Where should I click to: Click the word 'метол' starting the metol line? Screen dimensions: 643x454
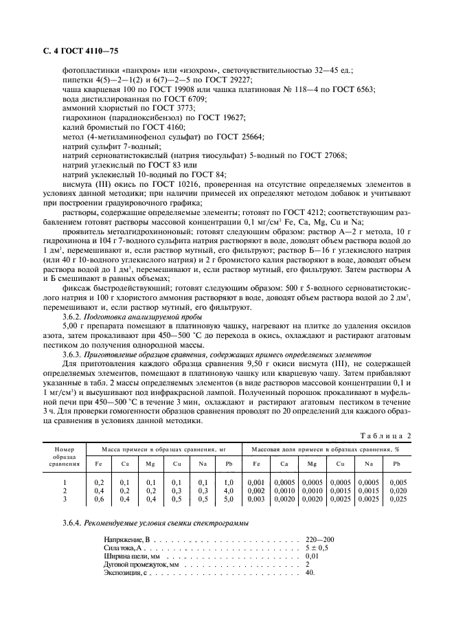[x=73, y=137]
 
